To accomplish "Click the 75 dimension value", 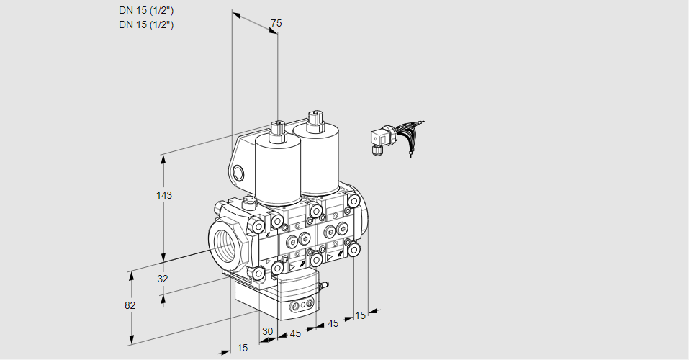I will tap(275, 24).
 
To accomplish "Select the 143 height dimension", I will tap(165, 195).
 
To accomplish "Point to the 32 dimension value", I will tap(162, 279).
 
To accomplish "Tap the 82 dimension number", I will tap(130, 305).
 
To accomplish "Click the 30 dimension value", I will tap(268, 331).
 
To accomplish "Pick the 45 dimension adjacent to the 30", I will tap(295, 333).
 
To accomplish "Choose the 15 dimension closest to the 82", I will tap(242, 348).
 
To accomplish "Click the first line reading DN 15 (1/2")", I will tap(146, 9).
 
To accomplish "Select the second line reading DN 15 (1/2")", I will tap(146, 24).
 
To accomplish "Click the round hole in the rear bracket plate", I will tap(238, 173).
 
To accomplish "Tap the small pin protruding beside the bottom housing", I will tap(324, 287).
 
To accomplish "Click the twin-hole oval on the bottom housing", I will tap(298, 307).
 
